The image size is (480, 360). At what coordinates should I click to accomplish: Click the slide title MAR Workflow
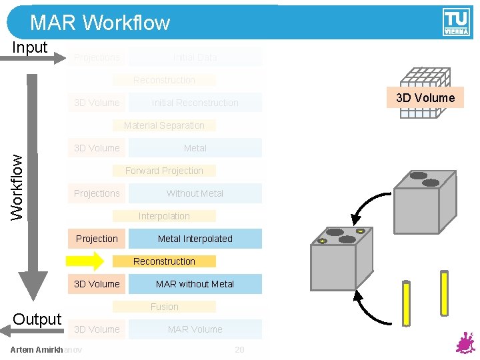pyautogui.click(x=100, y=23)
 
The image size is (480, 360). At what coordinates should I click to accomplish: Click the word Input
pyautogui.click(x=30, y=47)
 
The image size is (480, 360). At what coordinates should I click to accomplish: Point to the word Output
pyautogui.click(x=37, y=319)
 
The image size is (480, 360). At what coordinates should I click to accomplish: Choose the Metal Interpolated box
pyautogui.click(x=195, y=239)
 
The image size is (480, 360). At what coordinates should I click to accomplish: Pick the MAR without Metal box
pyautogui.click(x=195, y=284)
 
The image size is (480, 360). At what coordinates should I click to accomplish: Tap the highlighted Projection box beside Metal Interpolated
pyautogui.click(x=97, y=239)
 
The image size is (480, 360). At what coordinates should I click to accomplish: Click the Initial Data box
pyautogui.click(x=195, y=57)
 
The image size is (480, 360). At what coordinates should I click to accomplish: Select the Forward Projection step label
pyautogui.click(x=164, y=171)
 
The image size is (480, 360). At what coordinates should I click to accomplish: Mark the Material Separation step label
pyautogui.click(x=164, y=125)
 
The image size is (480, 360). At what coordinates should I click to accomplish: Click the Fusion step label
pyautogui.click(x=164, y=307)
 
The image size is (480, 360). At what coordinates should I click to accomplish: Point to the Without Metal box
pyautogui.click(x=195, y=193)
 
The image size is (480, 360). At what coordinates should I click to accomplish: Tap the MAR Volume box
pyautogui.click(x=195, y=329)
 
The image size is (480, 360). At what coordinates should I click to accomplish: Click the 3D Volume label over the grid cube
pyautogui.click(x=425, y=98)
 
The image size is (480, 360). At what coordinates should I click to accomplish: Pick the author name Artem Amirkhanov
pyautogui.click(x=47, y=350)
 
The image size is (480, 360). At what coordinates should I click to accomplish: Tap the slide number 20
pyautogui.click(x=239, y=350)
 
